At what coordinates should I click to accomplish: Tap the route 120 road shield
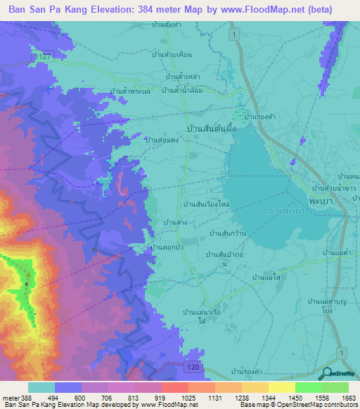pos(191,367)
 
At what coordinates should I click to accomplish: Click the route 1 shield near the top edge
pos(231,33)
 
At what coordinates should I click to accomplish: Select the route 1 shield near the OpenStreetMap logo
pos(342,351)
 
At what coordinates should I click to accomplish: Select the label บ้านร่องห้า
pos(257,117)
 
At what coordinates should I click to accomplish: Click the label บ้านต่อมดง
pos(159,140)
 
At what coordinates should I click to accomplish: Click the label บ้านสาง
pos(174,222)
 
